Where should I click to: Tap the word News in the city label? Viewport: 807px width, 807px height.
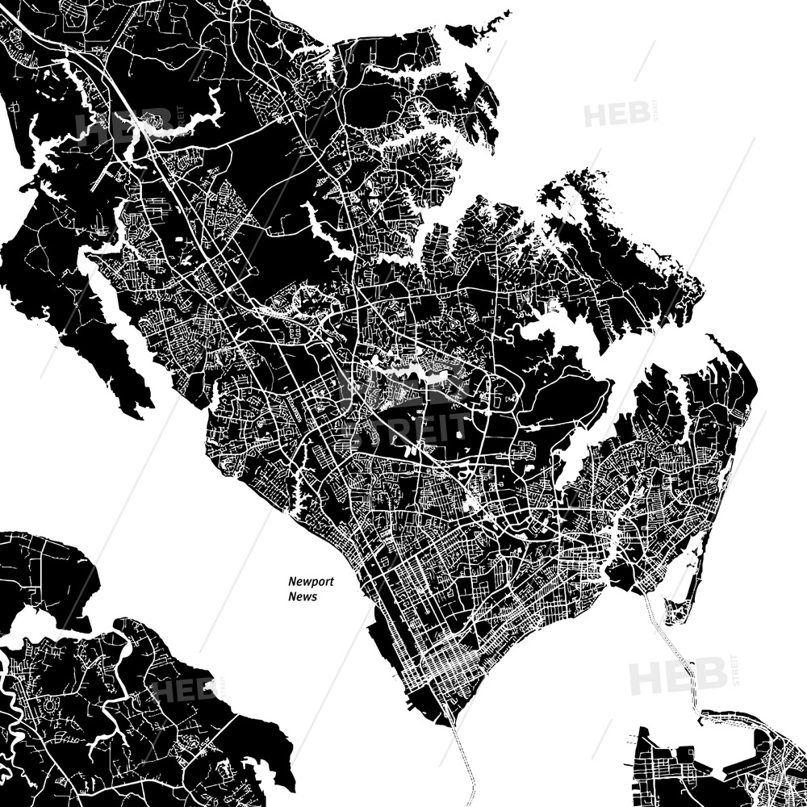click(303, 597)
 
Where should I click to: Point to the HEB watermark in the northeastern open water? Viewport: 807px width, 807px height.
click(617, 115)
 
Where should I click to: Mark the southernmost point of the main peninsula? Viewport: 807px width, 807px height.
click(452, 722)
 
